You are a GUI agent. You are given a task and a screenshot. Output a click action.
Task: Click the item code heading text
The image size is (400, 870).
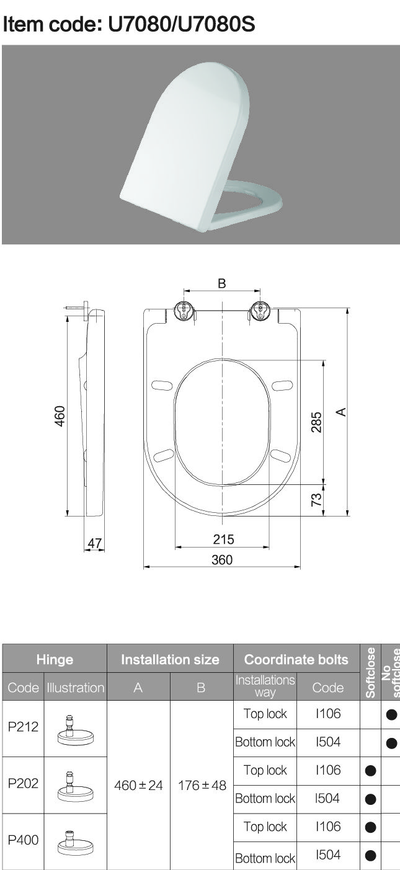pos(129,24)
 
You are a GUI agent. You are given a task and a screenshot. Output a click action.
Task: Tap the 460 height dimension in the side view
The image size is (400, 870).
pos(60,416)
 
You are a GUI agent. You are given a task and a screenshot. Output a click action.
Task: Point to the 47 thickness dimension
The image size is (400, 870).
pos(94,543)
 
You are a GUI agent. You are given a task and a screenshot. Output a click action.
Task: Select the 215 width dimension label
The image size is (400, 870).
pos(223,539)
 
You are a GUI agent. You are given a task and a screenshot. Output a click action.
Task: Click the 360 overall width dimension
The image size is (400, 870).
pos(222,560)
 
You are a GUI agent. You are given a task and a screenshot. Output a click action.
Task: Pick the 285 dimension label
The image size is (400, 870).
pos(316,422)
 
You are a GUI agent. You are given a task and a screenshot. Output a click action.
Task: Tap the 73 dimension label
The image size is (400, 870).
pos(316,499)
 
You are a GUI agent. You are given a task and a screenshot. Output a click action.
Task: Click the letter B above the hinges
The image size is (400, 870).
pos(222,283)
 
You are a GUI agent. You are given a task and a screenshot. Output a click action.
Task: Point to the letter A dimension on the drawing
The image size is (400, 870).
pos(341,412)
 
